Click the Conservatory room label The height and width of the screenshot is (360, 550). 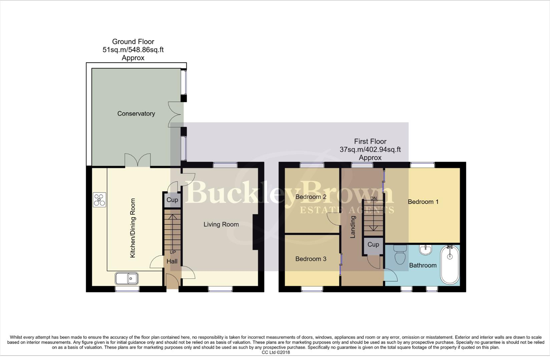click(136, 114)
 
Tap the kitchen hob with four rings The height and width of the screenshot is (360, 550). click(100, 200)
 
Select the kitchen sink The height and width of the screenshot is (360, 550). click(127, 278)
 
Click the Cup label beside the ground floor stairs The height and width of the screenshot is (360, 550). click(172, 200)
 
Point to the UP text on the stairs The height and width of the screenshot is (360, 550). click(173, 252)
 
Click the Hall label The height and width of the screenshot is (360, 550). click(172, 262)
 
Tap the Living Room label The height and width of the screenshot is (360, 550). click(221, 225)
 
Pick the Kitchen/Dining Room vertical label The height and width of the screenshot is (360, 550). click(133, 228)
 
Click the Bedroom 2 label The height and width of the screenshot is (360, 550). click(311, 197)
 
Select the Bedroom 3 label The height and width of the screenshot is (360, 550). click(311, 259)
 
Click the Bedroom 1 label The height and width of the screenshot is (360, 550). click(423, 202)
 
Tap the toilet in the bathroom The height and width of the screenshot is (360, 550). click(400, 255)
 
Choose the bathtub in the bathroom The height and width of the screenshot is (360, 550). click(450, 265)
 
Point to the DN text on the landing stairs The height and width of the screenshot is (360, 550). click(374, 199)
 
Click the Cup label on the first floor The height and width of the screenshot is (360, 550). click(373, 245)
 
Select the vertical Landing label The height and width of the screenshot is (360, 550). click(353, 227)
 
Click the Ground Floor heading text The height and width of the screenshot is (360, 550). click(133, 42)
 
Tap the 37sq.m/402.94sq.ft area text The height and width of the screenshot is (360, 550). click(370, 150)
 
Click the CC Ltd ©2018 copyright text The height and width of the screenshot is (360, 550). click(276, 352)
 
